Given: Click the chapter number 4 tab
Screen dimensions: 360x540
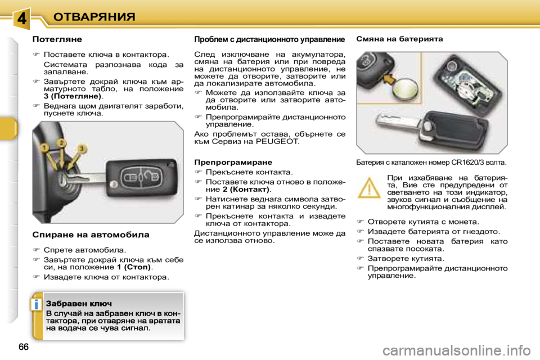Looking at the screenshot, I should tap(21, 18).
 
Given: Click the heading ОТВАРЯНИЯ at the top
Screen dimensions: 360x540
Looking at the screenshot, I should tap(94, 16).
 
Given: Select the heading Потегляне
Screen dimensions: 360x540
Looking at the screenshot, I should tap(57, 39).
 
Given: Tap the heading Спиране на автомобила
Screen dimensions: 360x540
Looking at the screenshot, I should tap(91, 235).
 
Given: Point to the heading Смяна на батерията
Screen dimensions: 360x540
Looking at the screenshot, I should tap(400, 39).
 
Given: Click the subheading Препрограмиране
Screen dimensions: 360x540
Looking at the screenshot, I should tap(233, 161).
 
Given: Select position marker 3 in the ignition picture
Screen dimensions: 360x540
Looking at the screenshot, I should tap(82, 148).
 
